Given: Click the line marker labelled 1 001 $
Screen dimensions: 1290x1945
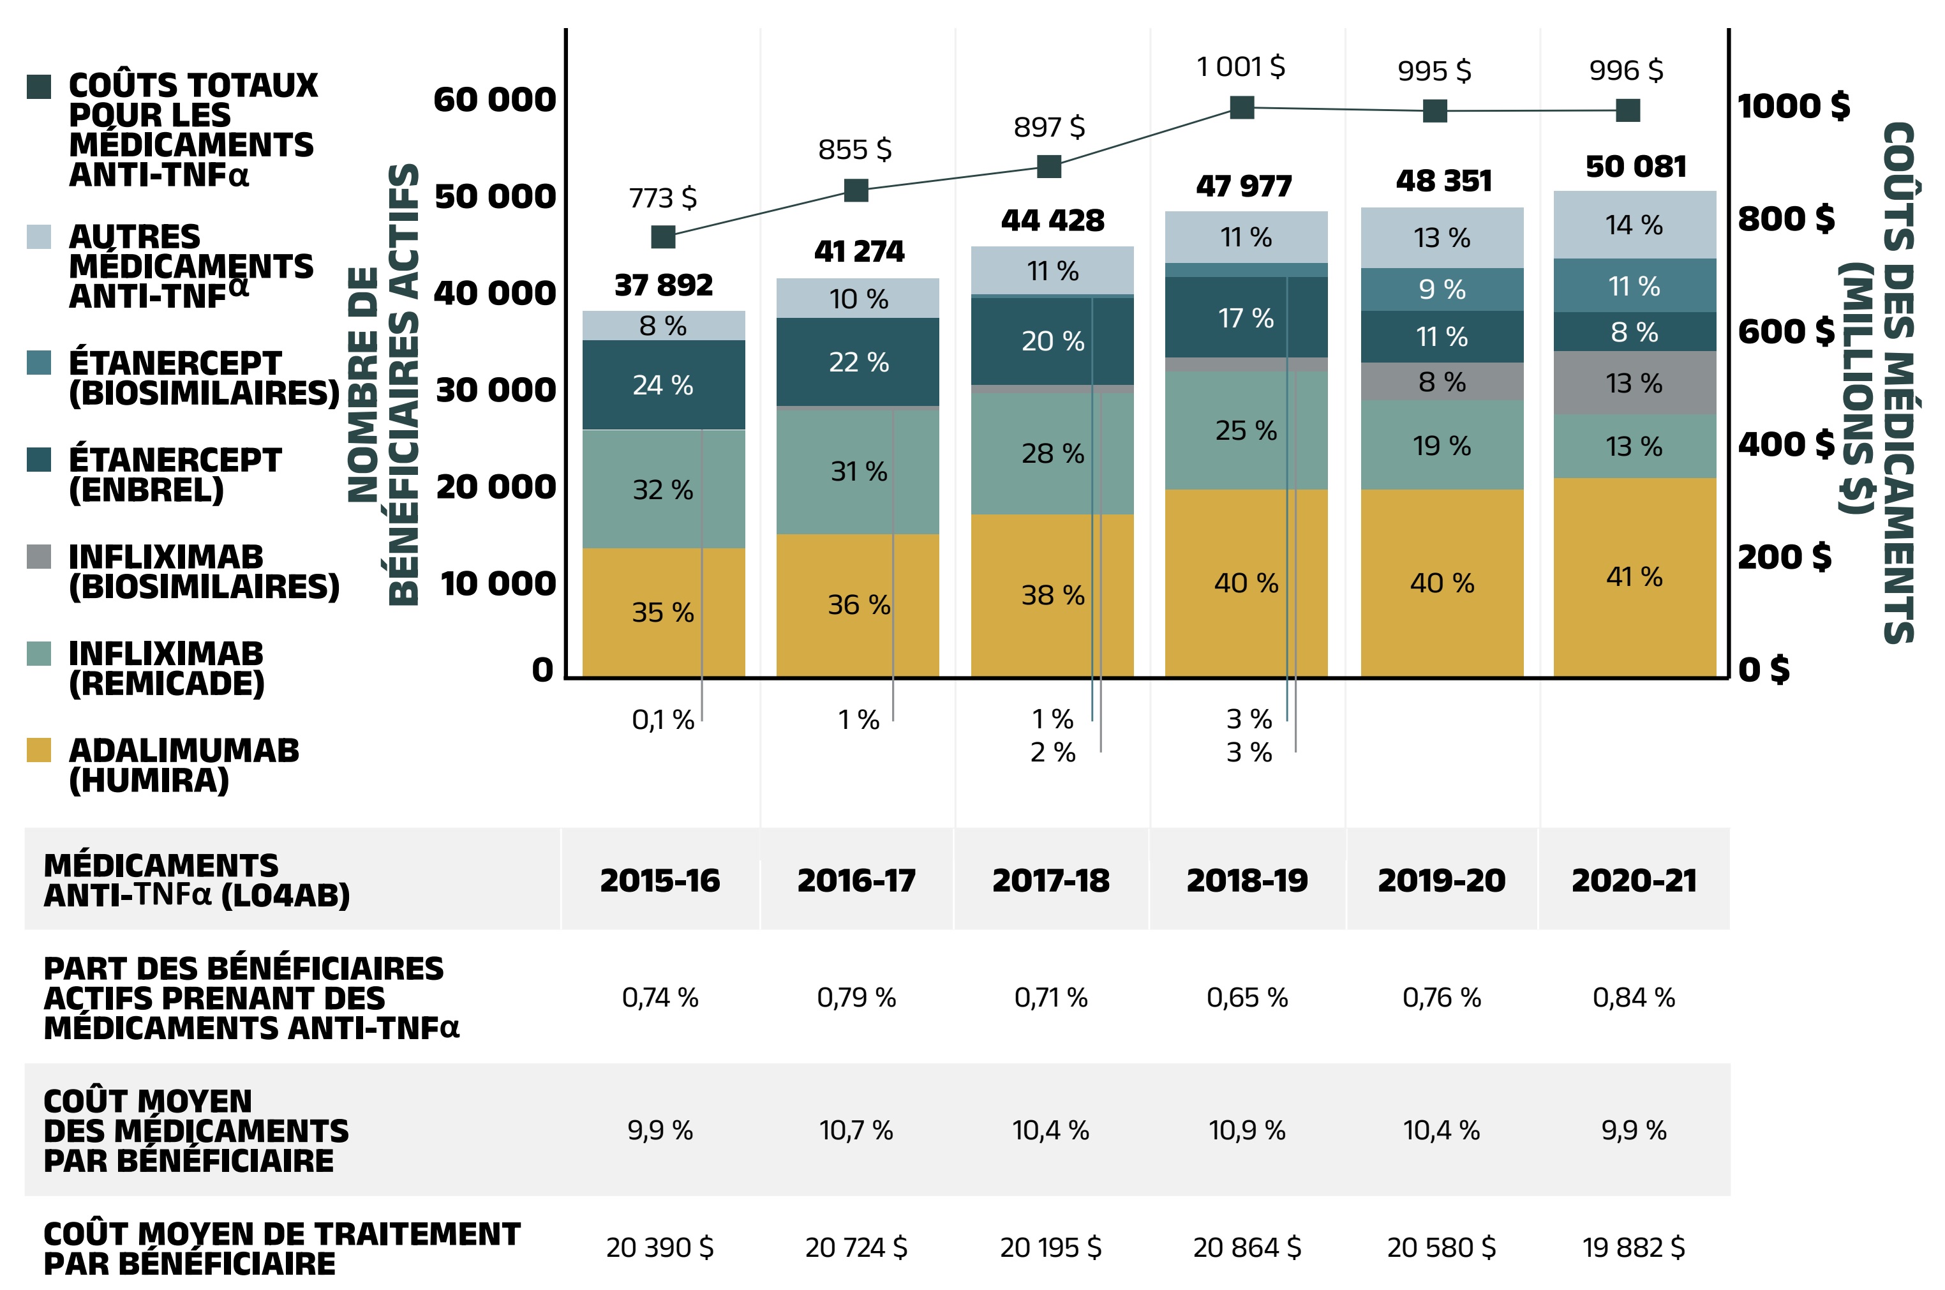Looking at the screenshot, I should click(1241, 107).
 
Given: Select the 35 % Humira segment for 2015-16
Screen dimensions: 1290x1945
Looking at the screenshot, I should click(663, 612).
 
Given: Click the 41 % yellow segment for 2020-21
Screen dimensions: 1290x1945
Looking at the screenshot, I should click(1634, 577).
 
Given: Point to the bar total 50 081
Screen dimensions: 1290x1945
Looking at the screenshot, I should click(1636, 167).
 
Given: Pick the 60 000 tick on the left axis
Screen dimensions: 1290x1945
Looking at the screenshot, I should click(495, 100).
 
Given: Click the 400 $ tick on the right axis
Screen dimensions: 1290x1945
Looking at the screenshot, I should click(1785, 444).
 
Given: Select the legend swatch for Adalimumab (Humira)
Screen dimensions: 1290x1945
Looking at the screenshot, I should click(39, 749).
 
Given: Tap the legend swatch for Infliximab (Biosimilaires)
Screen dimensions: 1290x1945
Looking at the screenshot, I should click(39, 556).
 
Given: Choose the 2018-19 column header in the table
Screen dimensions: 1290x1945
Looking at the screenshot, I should click(1247, 880).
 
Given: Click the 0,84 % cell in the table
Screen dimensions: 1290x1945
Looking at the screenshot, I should click(1634, 997).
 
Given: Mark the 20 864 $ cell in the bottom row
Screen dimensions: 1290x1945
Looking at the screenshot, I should click(1247, 1247).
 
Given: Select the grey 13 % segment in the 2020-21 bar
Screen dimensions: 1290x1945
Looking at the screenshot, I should click(1634, 384).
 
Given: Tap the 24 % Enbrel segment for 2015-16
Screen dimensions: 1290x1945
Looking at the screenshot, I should click(663, 385).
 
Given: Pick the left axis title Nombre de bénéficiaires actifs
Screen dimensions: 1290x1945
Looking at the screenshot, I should click(384, 384).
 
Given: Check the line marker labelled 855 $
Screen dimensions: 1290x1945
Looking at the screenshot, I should click(856, 191).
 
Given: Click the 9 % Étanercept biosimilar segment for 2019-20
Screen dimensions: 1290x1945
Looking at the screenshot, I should click(1442, 290).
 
